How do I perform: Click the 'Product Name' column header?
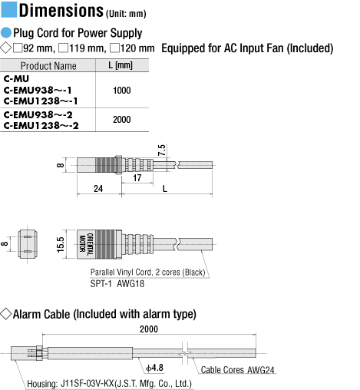coord(48,66)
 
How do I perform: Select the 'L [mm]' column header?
coord(121,65)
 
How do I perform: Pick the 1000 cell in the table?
coord(122,91)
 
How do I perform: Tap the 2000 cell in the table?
coord(122,120)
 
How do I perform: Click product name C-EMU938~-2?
coord(38,114)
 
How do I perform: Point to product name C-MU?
coord(16,78)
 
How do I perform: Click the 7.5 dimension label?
coord(162,150)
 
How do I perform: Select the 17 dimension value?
coord(137,178)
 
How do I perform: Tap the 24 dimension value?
coord(98,189)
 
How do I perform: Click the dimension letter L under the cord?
coord(165,189)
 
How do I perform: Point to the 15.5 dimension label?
coord(60,244)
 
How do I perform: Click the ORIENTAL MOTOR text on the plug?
coord(86,244)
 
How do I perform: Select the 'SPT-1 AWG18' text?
coord(117,283)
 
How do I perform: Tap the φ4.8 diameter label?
coord(154,368)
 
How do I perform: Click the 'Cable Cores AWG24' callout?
coord(237,370)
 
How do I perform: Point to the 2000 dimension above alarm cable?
coord(149,329)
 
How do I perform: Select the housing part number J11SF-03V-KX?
coord(87,384)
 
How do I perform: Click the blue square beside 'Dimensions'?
coord(9,10)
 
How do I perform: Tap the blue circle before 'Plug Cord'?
coord(6,33)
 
